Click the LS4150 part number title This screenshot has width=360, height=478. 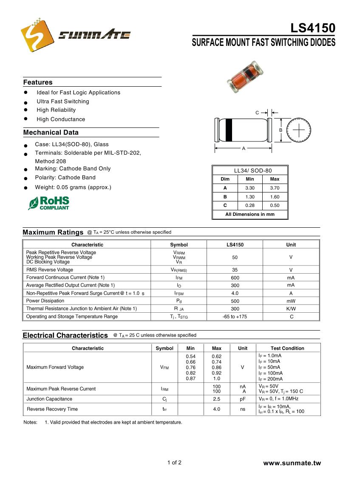coord(313,28)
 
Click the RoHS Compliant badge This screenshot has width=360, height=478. coord(49,203)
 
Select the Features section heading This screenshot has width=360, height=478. coord(38,82)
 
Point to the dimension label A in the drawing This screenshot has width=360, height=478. coord(244,149)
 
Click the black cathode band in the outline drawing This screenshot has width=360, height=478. coord(229,130)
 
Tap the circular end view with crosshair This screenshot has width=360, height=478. coord(299,130)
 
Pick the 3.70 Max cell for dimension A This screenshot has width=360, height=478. coord(275,188)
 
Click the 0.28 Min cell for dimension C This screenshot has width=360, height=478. coord(250,206)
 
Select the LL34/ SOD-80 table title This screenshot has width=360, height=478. coord(250,170)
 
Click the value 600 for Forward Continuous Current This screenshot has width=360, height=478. coord(235,277)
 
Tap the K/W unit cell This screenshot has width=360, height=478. coord(291,309)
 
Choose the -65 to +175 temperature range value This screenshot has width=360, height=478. coord(235,317)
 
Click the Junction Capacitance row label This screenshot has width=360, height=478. coord(49,399)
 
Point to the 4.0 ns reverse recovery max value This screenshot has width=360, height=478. coord(217,409)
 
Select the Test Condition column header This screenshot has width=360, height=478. coord(287,348)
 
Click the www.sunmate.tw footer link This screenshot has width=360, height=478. coord(292,463)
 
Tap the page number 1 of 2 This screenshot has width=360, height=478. coord(174,463)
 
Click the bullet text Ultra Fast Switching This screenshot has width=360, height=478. coord(63,102)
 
